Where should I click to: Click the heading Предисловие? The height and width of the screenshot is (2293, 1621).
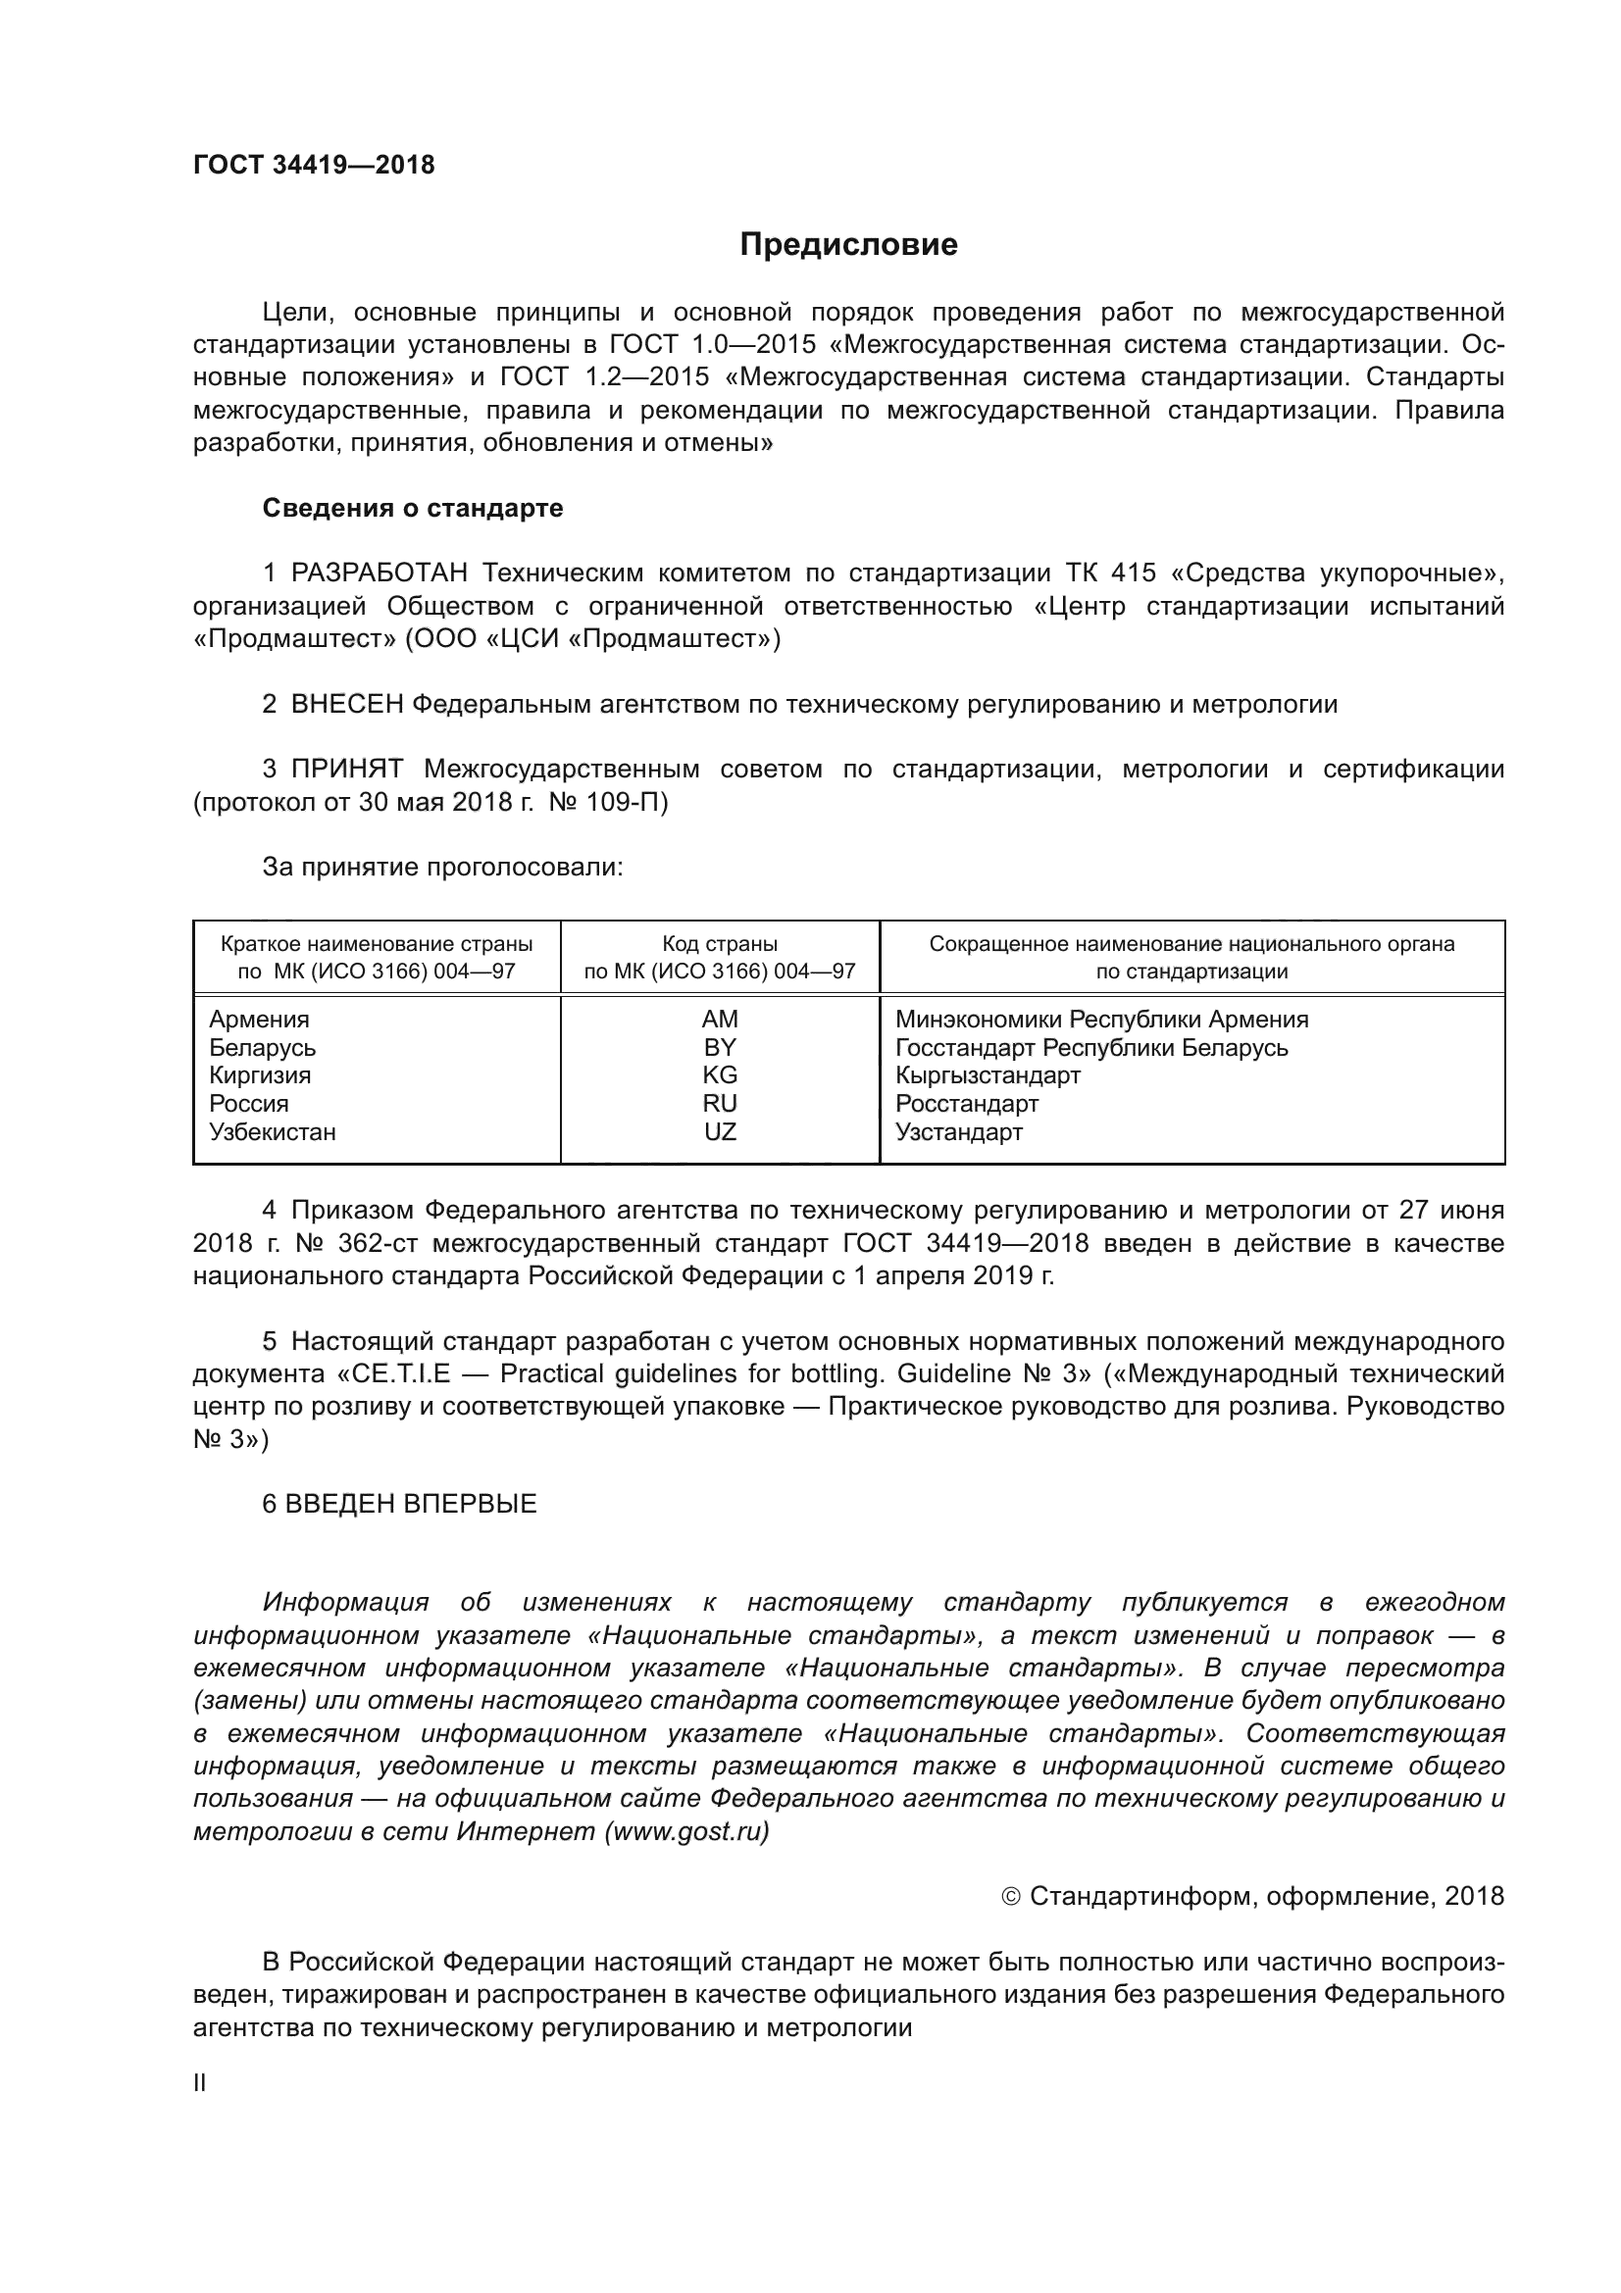(848, 245)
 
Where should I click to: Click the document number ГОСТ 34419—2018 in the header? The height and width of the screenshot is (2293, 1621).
(314, 165)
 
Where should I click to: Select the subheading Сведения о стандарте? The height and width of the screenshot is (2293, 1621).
(413, 509)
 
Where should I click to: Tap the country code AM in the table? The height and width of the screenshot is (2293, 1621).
(719, 1019)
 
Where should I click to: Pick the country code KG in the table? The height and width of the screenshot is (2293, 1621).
(719, 1075)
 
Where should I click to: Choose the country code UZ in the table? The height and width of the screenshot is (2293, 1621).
(719, 1131)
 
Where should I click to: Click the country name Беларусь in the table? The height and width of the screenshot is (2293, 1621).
(262, 1048)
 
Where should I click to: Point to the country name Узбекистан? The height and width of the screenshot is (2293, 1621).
(272, 1131)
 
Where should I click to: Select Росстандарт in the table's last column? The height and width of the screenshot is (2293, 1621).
(966, 1104)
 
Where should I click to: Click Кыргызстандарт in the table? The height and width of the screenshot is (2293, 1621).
(987, 1075)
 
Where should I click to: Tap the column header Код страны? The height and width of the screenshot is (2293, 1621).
(719, 944)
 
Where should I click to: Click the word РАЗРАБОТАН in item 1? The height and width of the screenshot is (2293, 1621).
(379, 573)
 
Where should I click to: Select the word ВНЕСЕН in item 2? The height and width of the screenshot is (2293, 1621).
(346, 704)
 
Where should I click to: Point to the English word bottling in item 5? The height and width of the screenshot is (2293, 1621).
(834, 1374)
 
